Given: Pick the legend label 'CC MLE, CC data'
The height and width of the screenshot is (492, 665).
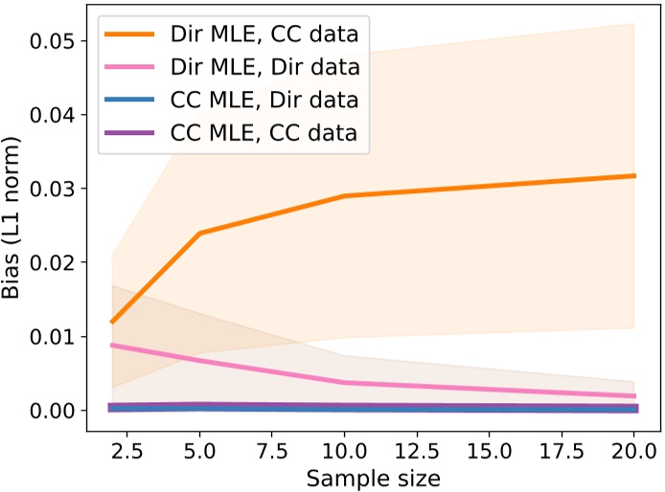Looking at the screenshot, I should click(272, 133).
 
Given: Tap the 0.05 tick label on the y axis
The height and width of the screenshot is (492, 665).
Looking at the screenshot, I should click(55, 40).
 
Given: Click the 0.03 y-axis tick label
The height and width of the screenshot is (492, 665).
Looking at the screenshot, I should click(55, 188).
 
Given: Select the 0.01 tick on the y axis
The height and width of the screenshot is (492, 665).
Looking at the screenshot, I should click(55, 336).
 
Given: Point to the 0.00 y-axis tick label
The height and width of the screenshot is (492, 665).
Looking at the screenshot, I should click(55, 410).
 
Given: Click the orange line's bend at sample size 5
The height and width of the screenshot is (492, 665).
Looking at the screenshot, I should click(199, 234).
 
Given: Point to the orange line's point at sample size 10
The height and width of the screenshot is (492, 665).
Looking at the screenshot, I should click(345, 196).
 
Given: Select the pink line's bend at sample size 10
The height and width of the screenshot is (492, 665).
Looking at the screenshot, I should click(345, 383).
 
